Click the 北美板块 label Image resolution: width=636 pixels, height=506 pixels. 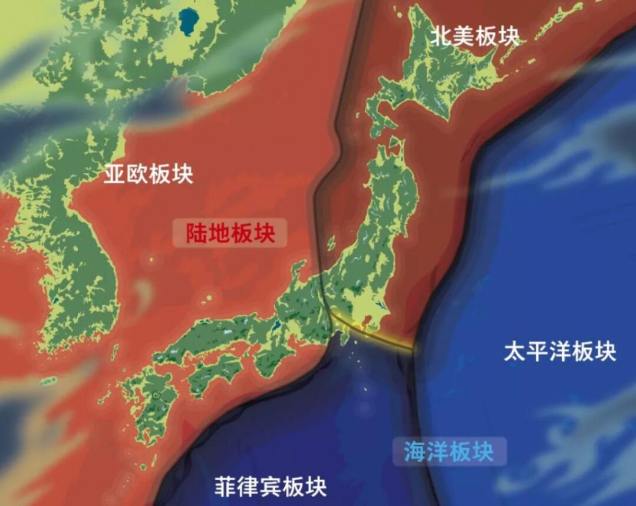(475, 37)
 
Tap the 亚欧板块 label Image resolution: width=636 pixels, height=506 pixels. (149, 174)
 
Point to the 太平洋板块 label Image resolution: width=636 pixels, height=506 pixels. (560, 352)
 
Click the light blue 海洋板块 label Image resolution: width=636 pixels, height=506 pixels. (449, 452)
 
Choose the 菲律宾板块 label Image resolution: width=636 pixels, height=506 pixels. (270, 487)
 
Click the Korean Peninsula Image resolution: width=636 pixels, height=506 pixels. (71, 265)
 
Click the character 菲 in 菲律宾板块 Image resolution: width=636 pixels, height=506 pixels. (225, 487)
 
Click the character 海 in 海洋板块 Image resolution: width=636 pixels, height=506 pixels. (415, 452)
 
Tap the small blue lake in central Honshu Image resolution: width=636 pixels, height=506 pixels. (275, 325)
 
